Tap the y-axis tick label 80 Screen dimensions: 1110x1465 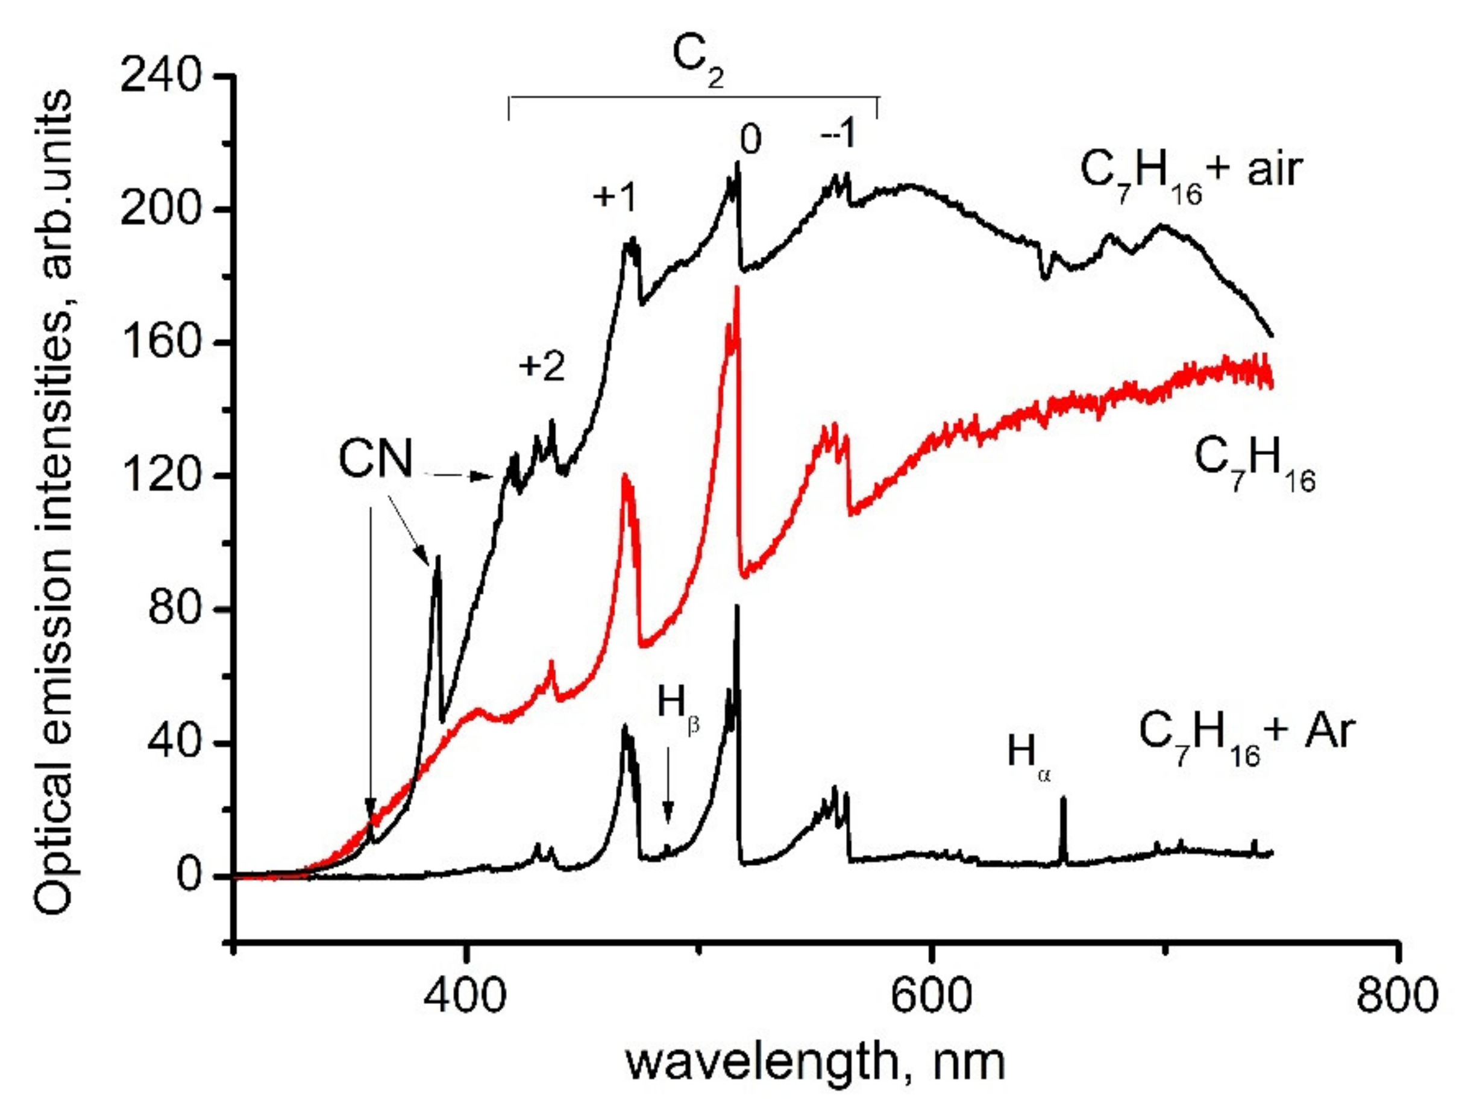174,609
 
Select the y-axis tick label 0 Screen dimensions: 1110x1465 188,876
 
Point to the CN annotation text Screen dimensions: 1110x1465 375,459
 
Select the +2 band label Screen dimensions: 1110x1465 541,366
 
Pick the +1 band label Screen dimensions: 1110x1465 614,196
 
